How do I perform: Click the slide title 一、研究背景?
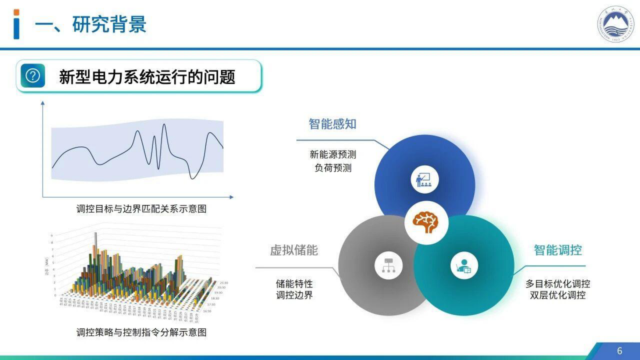click(x=90, y=25)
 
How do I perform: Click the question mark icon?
click(x=33, y=76)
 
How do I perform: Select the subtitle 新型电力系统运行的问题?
click(x=147, y=76)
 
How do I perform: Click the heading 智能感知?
click(x=332, y=124)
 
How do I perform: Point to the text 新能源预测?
click(x=332, y=154)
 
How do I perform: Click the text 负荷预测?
click(x=332, y=167)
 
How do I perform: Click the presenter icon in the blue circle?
click(x=424, y=179)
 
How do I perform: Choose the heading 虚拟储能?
click(x=294, y=250)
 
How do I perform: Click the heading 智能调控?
click(x=558, y=250)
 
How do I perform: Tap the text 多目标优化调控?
click(x=558, y=283)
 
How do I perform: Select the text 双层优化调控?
click(x=558, y=295)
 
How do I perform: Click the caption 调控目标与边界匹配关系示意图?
click(x=141, y=209)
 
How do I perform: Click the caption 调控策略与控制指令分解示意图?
click(x=141, y=332)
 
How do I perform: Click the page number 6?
click(x=620, y=350)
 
